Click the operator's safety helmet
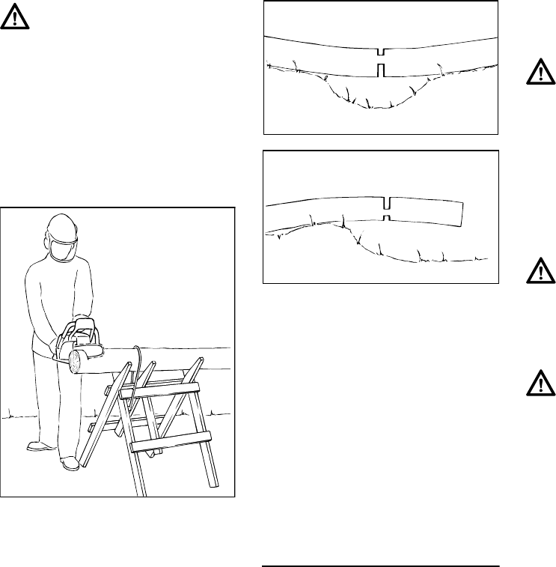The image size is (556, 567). [61, 225]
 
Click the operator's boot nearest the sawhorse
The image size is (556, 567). [70, 464]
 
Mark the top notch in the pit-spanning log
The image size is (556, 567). [381, 52]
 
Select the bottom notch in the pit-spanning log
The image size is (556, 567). [381, 70]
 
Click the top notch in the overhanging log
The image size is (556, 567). [386, 204]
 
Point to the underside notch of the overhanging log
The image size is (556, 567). [386, 217]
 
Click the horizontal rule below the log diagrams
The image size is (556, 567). [381, 566]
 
